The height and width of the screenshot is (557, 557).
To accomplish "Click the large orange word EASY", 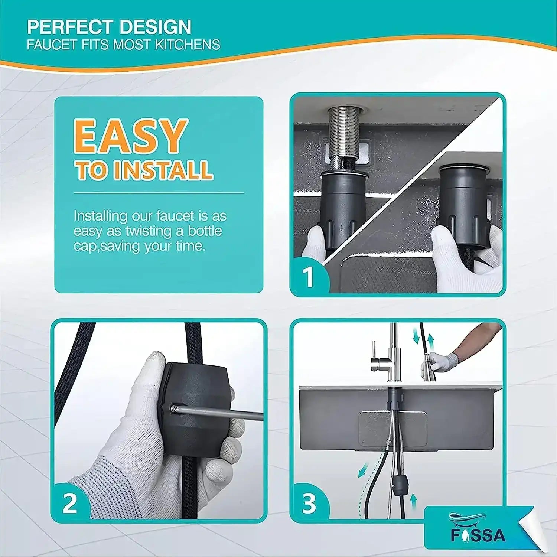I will pyautogui.click(x=130, y=136).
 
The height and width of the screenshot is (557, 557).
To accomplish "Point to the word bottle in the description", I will pyautogui.click(x=205, y=231).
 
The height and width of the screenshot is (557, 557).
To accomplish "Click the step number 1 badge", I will pyautogui.click(x=309, y=277).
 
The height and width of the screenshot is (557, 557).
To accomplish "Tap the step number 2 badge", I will pyautogui.click(x=70, y=504).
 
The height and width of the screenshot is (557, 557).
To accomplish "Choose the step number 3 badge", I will pyautogui.click(x=309, y=504).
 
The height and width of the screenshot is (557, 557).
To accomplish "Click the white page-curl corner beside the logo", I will pyautogui.click(x=535, y=531).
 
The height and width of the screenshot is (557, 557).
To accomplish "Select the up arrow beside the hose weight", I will pyautogui.click(x=413, y=501).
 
